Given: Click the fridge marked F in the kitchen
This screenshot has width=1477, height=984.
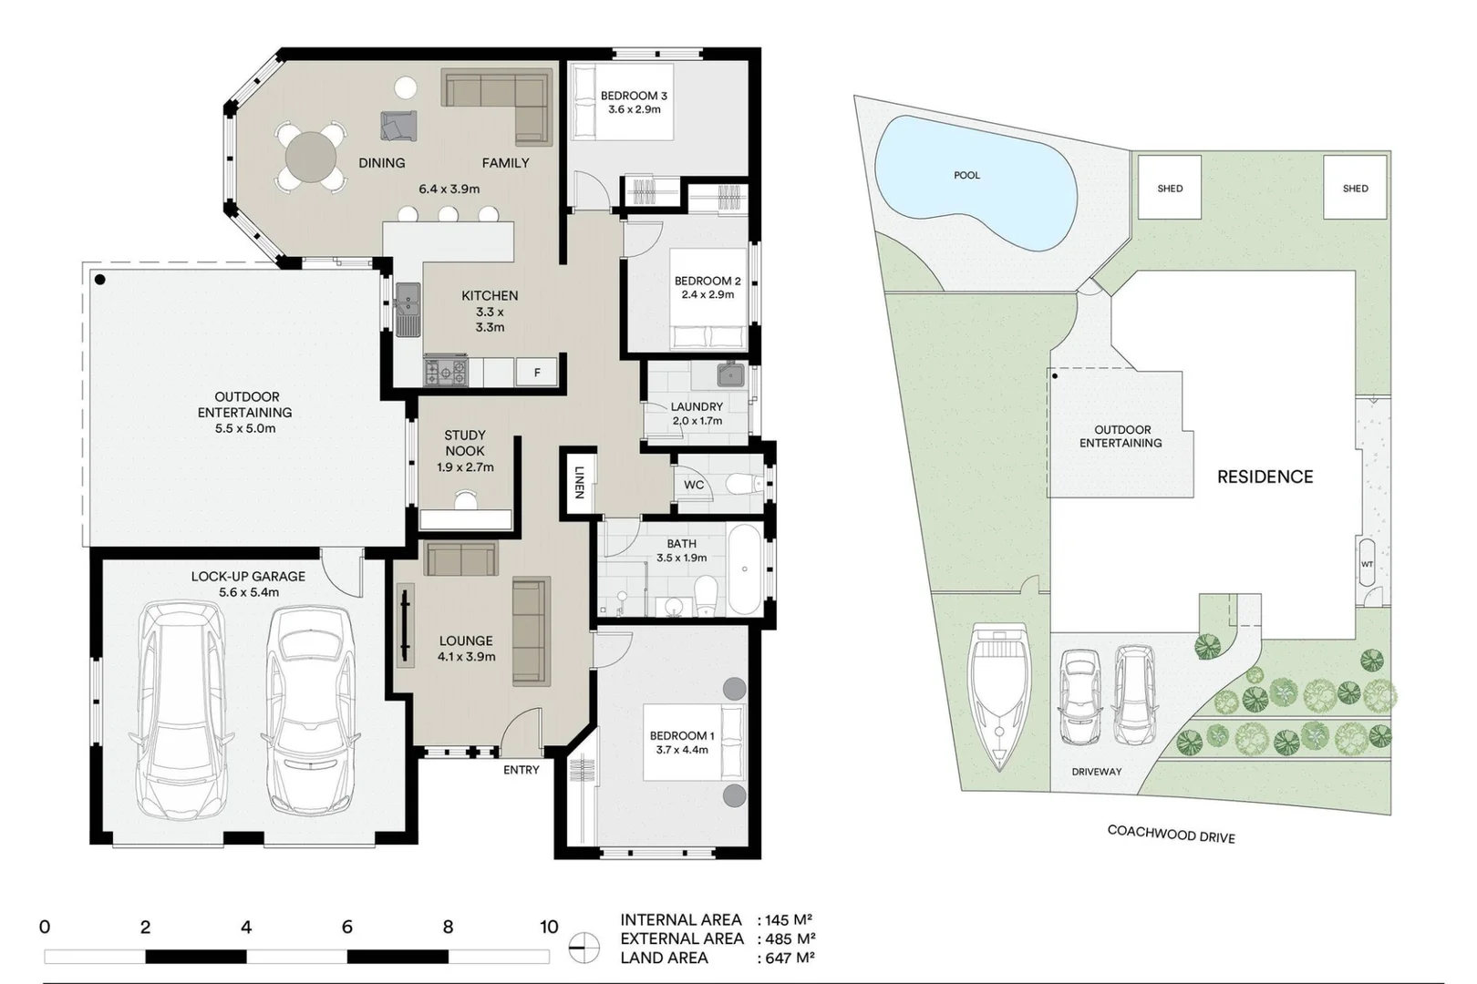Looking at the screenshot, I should pyautogui.click(x=537, y=372).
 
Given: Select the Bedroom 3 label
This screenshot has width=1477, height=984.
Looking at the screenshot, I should pyautogui.click(x=634, y=96).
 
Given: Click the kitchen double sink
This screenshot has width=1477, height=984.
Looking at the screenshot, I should pyautogui.click(x=408, y=309).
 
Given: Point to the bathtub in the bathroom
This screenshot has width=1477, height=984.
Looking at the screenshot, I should pyautogui.click(x=746, y=569).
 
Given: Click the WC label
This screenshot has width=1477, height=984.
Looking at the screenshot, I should pyautogui.click(x=694, y=485).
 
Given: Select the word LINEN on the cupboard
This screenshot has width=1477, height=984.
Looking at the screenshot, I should pyautogui.click(x=579, y=482).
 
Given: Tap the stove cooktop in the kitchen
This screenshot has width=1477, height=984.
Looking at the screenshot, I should pyautogui.click(x=446, y=371).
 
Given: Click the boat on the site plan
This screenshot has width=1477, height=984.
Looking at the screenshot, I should pyautogui.click(x=1000, y=692).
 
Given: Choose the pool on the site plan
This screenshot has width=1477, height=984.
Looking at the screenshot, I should pyautogui.click(x=974, y=182).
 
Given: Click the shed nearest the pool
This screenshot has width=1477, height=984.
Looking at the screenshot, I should pyautogui.click(x=1169, y=188).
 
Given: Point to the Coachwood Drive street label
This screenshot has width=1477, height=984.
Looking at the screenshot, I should pyautogui.click(x=1171, y=834).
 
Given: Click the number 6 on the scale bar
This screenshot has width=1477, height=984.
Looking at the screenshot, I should pyautogui.click(x=347, y=928).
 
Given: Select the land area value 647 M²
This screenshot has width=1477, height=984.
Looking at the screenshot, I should pyautogui.click(x=790, y=958).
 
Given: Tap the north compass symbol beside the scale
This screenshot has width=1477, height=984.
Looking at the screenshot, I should pyautogui.click(x=584, y=948).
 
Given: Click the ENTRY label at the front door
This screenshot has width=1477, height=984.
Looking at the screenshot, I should pyautogui.click(x=522, y=770).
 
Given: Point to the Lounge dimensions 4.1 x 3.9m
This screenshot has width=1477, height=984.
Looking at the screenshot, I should pyautogui.click(x=466, y=657).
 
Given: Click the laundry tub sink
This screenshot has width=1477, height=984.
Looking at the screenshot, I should pyautogui.click(x=730, y=374).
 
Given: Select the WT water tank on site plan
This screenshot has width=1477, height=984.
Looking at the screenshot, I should pyautogui.click(x=1367, y=566).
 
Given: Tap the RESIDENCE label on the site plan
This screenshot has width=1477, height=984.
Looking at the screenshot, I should pyautogui.click(x=1265, y=477).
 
